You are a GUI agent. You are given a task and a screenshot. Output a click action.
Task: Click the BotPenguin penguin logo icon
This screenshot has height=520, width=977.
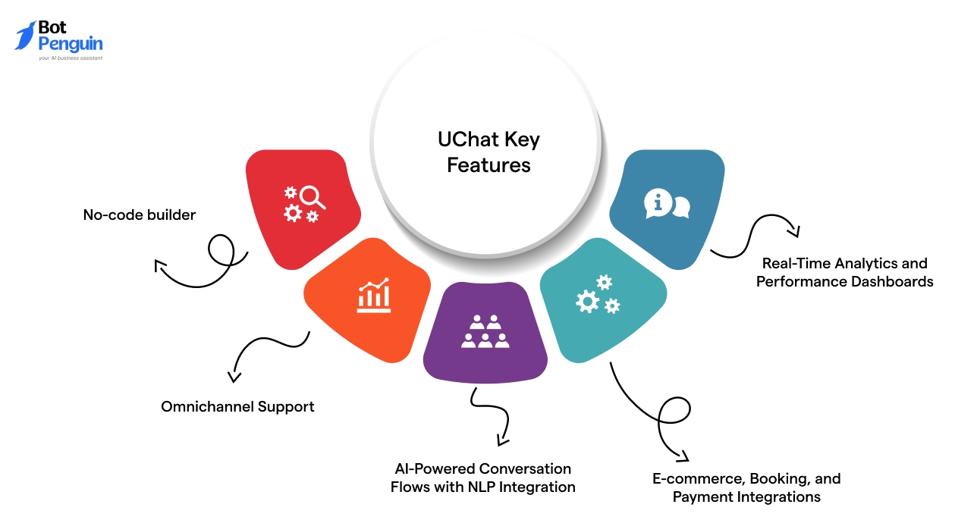[25, 36]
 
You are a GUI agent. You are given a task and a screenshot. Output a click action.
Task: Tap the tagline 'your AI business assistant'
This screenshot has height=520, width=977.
[70, 58]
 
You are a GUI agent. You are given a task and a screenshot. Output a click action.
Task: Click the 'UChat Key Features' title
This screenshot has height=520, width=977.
[488, 152]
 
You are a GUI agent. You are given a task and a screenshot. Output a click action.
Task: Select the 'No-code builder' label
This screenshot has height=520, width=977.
[139, 215]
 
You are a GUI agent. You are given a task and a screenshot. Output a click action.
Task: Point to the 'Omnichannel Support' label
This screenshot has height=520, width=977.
[237, 407]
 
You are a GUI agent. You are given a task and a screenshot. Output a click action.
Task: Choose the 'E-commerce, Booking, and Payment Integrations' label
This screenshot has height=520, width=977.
[746, 488]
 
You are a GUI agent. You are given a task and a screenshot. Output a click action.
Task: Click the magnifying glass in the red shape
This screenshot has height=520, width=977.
[312, 197]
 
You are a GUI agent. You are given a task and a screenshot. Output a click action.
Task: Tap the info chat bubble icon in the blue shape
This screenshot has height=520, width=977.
[666, 204]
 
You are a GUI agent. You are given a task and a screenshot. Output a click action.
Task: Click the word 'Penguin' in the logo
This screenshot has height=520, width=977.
[70, 44]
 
